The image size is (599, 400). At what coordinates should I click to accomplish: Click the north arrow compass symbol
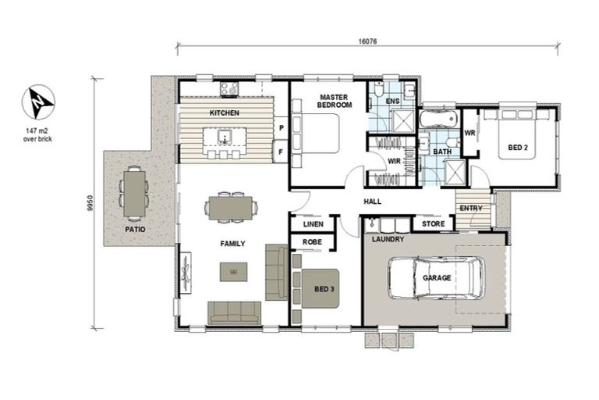point(38,102)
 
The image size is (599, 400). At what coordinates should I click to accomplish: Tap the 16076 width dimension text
point(367,41)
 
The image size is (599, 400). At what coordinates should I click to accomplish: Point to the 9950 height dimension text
point(90,203)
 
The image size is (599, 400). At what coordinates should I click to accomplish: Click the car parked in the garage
point(437,277)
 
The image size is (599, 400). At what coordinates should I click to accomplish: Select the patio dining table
point(134,194)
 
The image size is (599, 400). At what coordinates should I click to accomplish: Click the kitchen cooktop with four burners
point(229,89)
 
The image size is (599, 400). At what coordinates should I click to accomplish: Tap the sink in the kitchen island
point(225,136)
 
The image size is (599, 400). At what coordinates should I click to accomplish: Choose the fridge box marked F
point(281,152)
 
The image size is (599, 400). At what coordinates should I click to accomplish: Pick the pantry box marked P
point(281,128)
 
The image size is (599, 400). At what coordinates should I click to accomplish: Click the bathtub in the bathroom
point(438,119)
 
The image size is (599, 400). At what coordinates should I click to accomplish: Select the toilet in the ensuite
point(379,90)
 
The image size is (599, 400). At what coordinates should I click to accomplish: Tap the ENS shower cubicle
point(403,121)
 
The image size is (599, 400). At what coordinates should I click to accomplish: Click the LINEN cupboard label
point(314,224)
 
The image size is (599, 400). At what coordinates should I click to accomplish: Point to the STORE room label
point(433,224)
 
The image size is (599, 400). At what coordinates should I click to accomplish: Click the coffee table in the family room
point(233,272)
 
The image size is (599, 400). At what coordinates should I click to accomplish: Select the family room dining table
point(230,208)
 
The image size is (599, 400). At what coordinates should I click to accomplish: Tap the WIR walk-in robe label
point(394,161)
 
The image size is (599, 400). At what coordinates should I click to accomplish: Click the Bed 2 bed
point(518,134)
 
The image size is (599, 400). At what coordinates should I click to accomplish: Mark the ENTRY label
point(471,209)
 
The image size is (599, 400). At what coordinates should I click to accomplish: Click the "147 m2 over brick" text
point(37,135)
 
